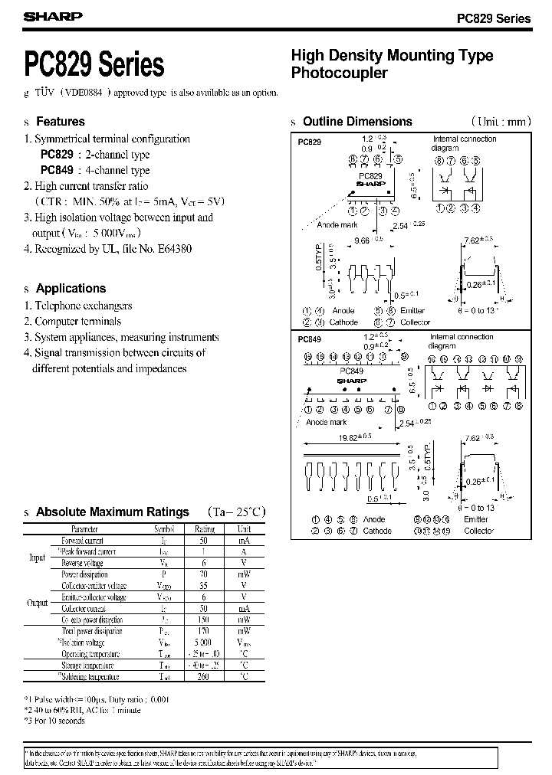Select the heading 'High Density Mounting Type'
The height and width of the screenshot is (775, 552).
click(x=392, y=55)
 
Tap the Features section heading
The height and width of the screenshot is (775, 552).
click(x=61, y=121)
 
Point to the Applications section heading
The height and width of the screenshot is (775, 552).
click(x=71, y=289)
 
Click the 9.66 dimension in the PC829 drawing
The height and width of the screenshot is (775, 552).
click(x=361, y=240)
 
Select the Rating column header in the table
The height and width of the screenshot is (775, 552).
click(x=205, y=528)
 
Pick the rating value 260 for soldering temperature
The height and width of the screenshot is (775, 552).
click(x=205, y=677)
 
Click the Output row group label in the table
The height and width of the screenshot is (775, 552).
click(x=38, y=603)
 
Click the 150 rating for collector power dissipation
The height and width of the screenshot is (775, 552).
click(x=205, y=620)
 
